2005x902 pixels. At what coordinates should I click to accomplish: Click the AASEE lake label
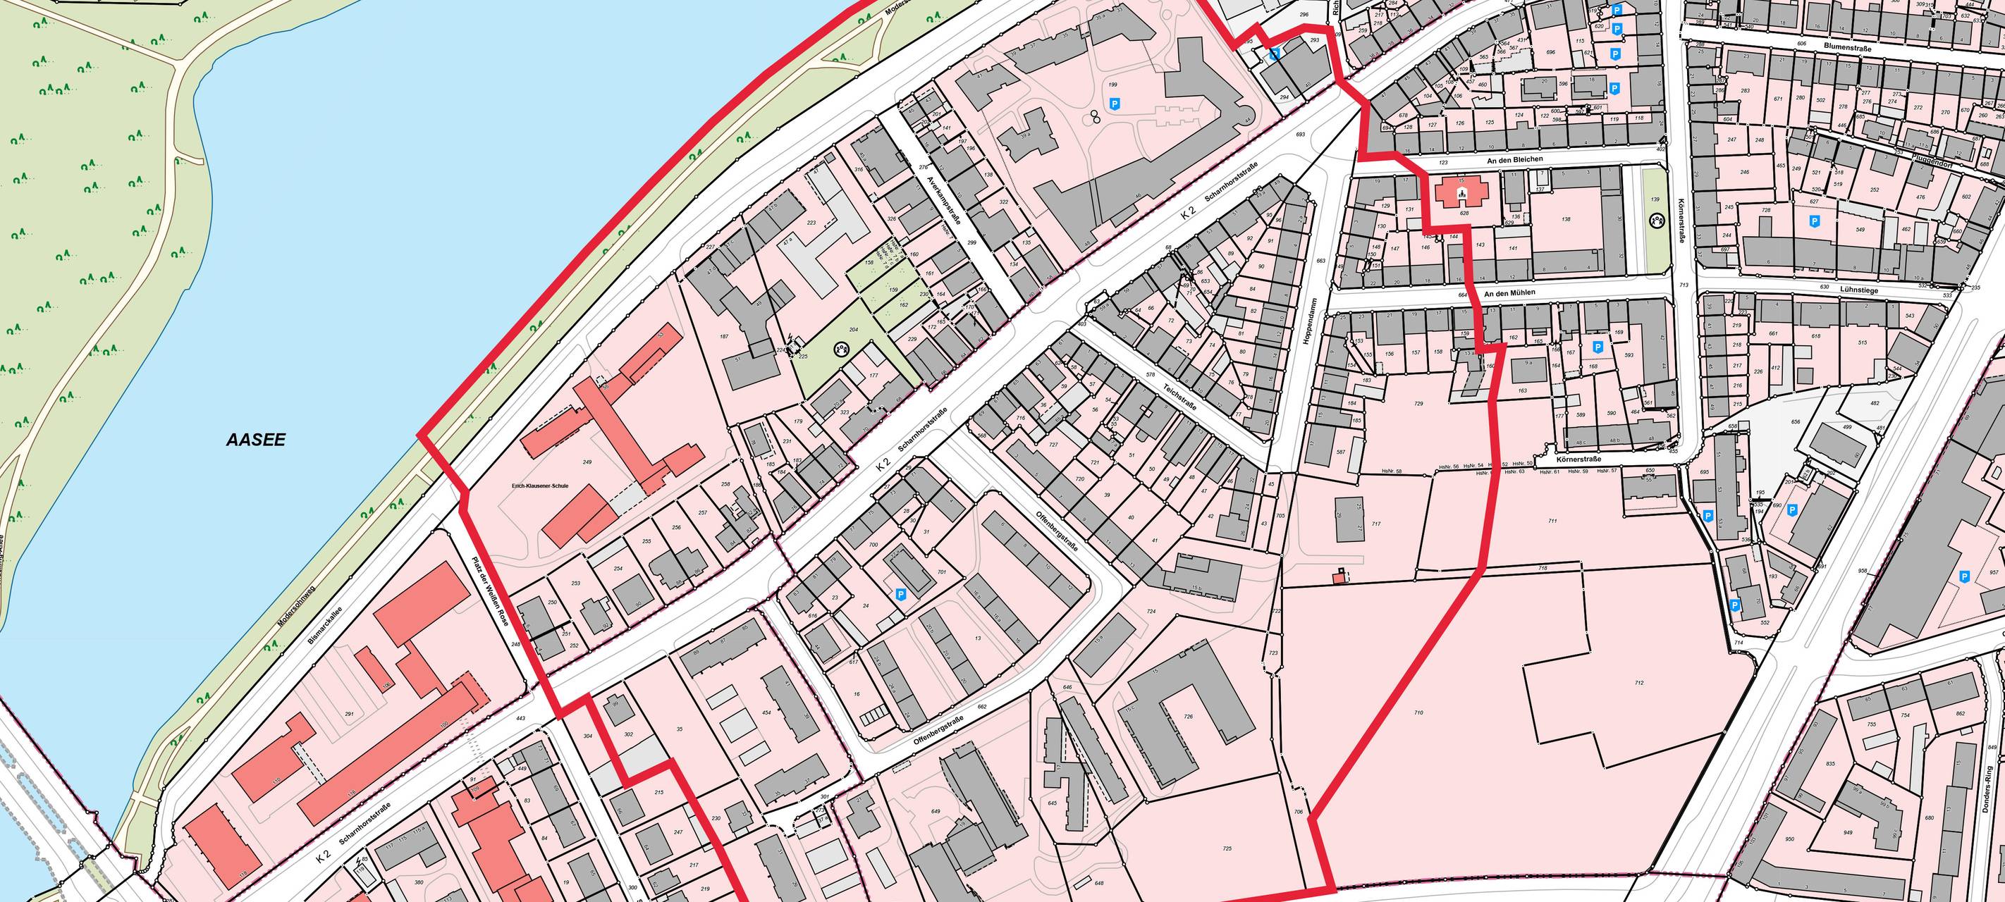click(x=255, y=440)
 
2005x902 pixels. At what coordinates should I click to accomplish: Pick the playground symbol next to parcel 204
click(x=840, y=350)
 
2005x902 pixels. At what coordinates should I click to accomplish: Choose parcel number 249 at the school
click(x=587, y=462)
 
